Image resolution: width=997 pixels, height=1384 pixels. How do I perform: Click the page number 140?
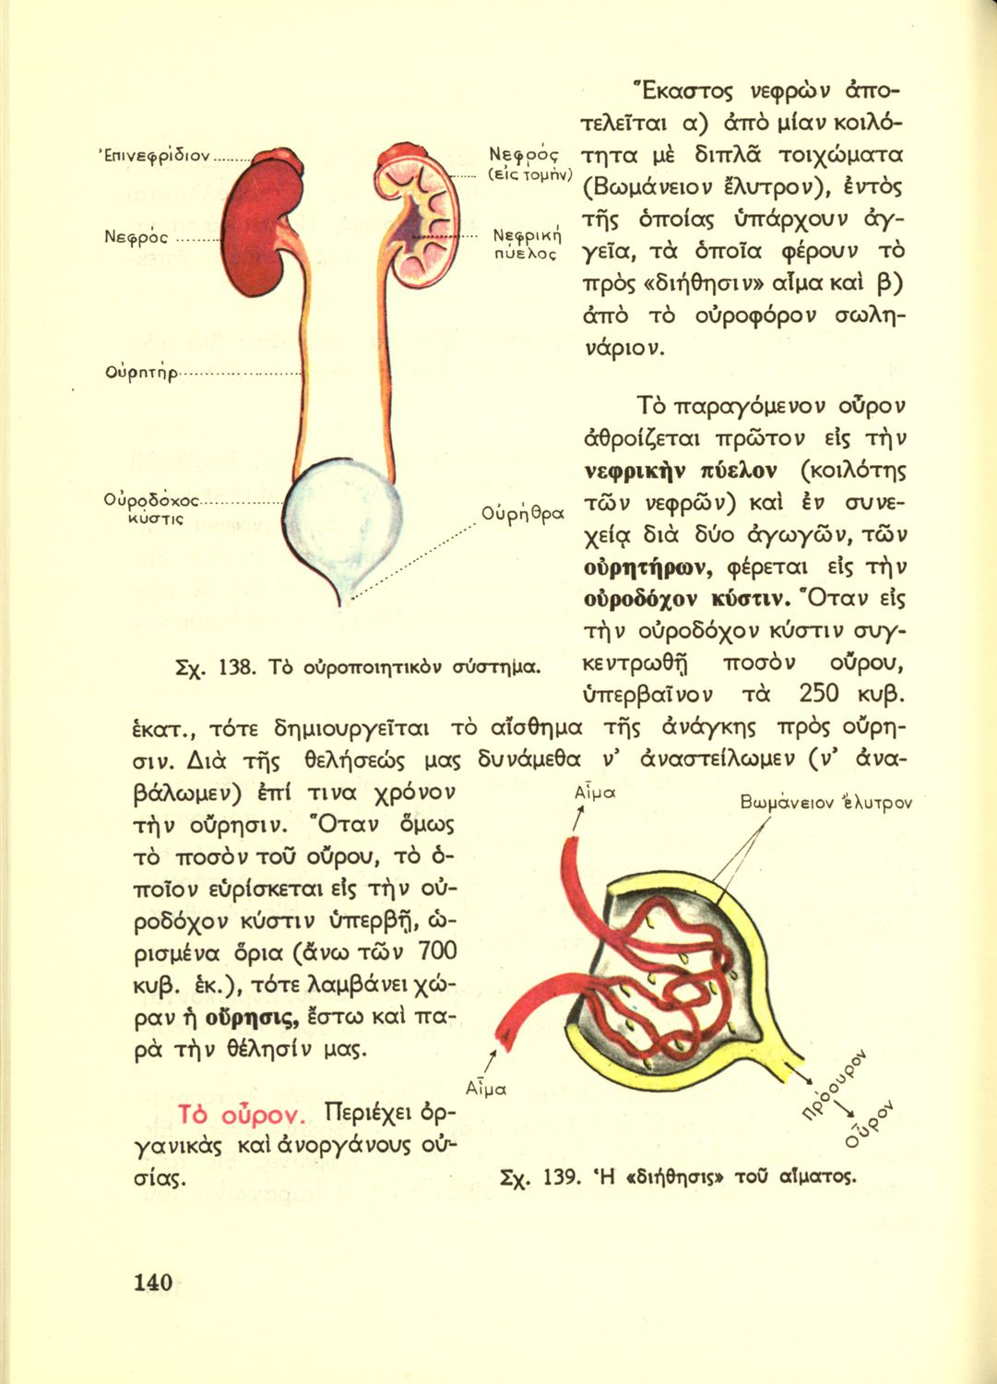pyautogui.click(x=153, y=1282)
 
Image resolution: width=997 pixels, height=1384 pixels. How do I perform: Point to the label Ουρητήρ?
pyautogui.click(x=141, y=373)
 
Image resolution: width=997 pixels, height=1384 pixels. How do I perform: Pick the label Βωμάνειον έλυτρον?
pyautogui.click(x=825, y=803)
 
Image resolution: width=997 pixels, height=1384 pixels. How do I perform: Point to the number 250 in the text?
pyautogui.click(x=825, y=692)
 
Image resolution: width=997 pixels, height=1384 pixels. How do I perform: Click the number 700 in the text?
pyautogui.click(x=437, y=950)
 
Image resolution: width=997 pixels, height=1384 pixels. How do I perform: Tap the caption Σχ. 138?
pyautogui.click(x=358, y=666)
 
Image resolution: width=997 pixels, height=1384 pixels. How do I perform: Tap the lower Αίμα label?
pyautogui.click(x=486, y=1089)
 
